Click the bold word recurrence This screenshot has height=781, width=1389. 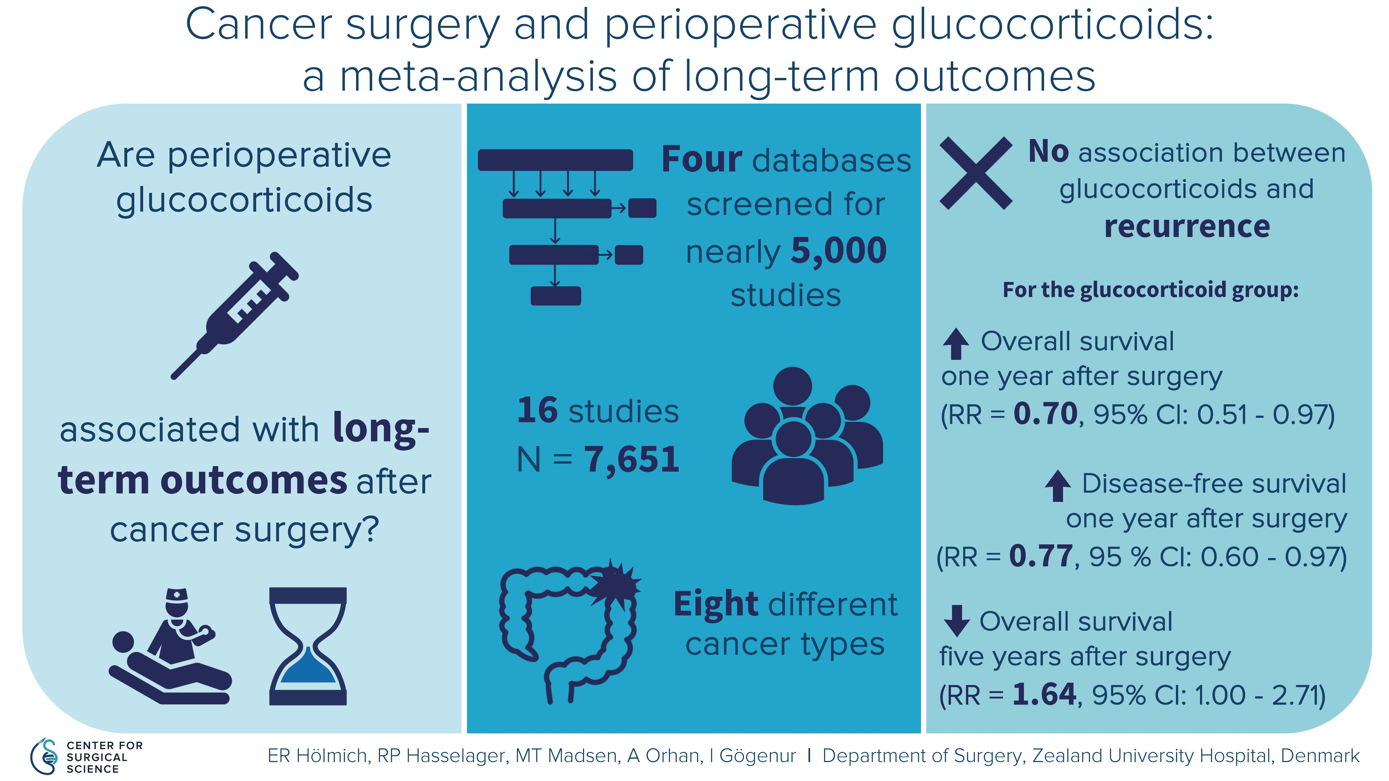pyautogui.click(x=1187, y=226)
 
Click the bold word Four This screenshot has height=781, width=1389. pyautogui.click(x=702, y=160)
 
